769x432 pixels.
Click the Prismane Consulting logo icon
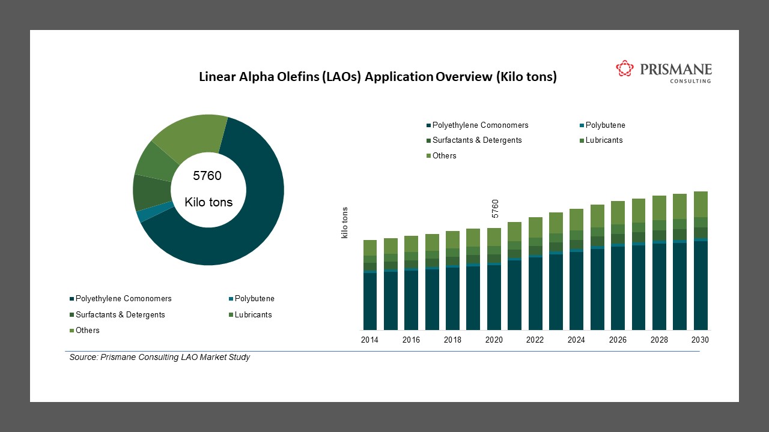[625, 68]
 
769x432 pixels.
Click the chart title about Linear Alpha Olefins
[378, 77]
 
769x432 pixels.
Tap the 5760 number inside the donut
[207, 176]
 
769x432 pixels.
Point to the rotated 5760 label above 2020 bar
[495, 209]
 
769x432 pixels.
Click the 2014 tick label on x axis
[369, 340]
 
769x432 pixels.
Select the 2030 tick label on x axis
[700, 340]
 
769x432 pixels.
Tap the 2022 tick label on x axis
[535, 340]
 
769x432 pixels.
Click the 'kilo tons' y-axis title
[345, 223]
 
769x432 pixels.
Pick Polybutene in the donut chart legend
[254, 299]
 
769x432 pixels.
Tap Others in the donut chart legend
[87, 331]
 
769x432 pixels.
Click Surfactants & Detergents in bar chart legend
[476, 140]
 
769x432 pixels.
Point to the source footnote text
[160, 358]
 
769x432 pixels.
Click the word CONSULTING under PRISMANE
[690, 81]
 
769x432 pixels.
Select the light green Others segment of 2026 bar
[618, 212]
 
